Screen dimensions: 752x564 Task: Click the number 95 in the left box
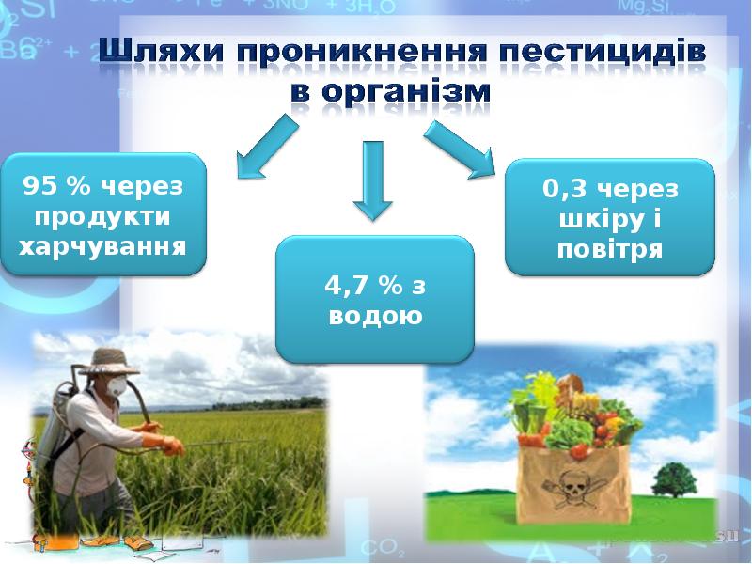[37, 185]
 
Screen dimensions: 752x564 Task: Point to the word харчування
[102, 247]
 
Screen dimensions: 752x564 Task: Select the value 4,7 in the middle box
[345, 286]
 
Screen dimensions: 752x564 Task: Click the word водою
[375, 317]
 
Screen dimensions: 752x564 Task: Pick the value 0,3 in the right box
[565, 189]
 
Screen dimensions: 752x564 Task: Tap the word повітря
[610, 249]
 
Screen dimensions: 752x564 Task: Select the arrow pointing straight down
[373, 180]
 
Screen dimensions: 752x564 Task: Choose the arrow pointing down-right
[461, 149]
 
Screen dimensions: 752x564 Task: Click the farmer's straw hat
[108, 361]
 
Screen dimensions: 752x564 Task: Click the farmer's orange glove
[172, 446]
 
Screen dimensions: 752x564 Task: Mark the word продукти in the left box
[102, 216]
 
